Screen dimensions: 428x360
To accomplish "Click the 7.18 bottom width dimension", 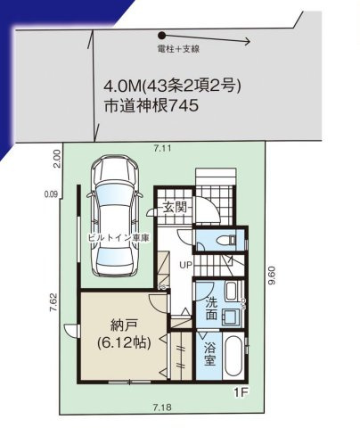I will tap(161, 407).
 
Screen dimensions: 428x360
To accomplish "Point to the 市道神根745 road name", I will tap(150, 104).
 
